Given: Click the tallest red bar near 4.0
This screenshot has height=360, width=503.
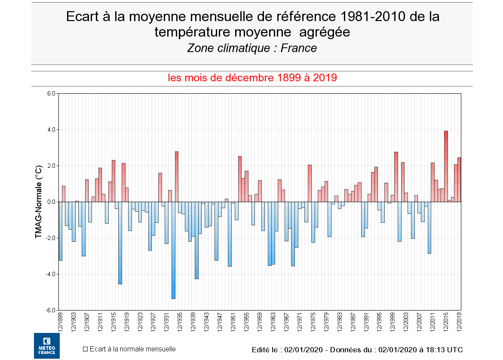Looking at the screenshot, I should tap(446, 166).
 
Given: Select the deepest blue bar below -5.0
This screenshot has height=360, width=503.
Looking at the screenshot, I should tap(173, 250).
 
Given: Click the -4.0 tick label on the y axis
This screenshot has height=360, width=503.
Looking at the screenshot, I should tap(51, 274).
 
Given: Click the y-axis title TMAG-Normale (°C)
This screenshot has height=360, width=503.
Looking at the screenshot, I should tap(39, 201).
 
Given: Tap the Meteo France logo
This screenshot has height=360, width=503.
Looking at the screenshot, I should tap(47, 346).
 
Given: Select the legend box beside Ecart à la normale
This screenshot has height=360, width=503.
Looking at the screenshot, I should tap(85, 349).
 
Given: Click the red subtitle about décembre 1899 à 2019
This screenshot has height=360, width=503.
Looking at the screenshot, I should tap(252, 78).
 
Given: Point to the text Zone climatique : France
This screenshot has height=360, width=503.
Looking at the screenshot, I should tap(252, 48).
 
